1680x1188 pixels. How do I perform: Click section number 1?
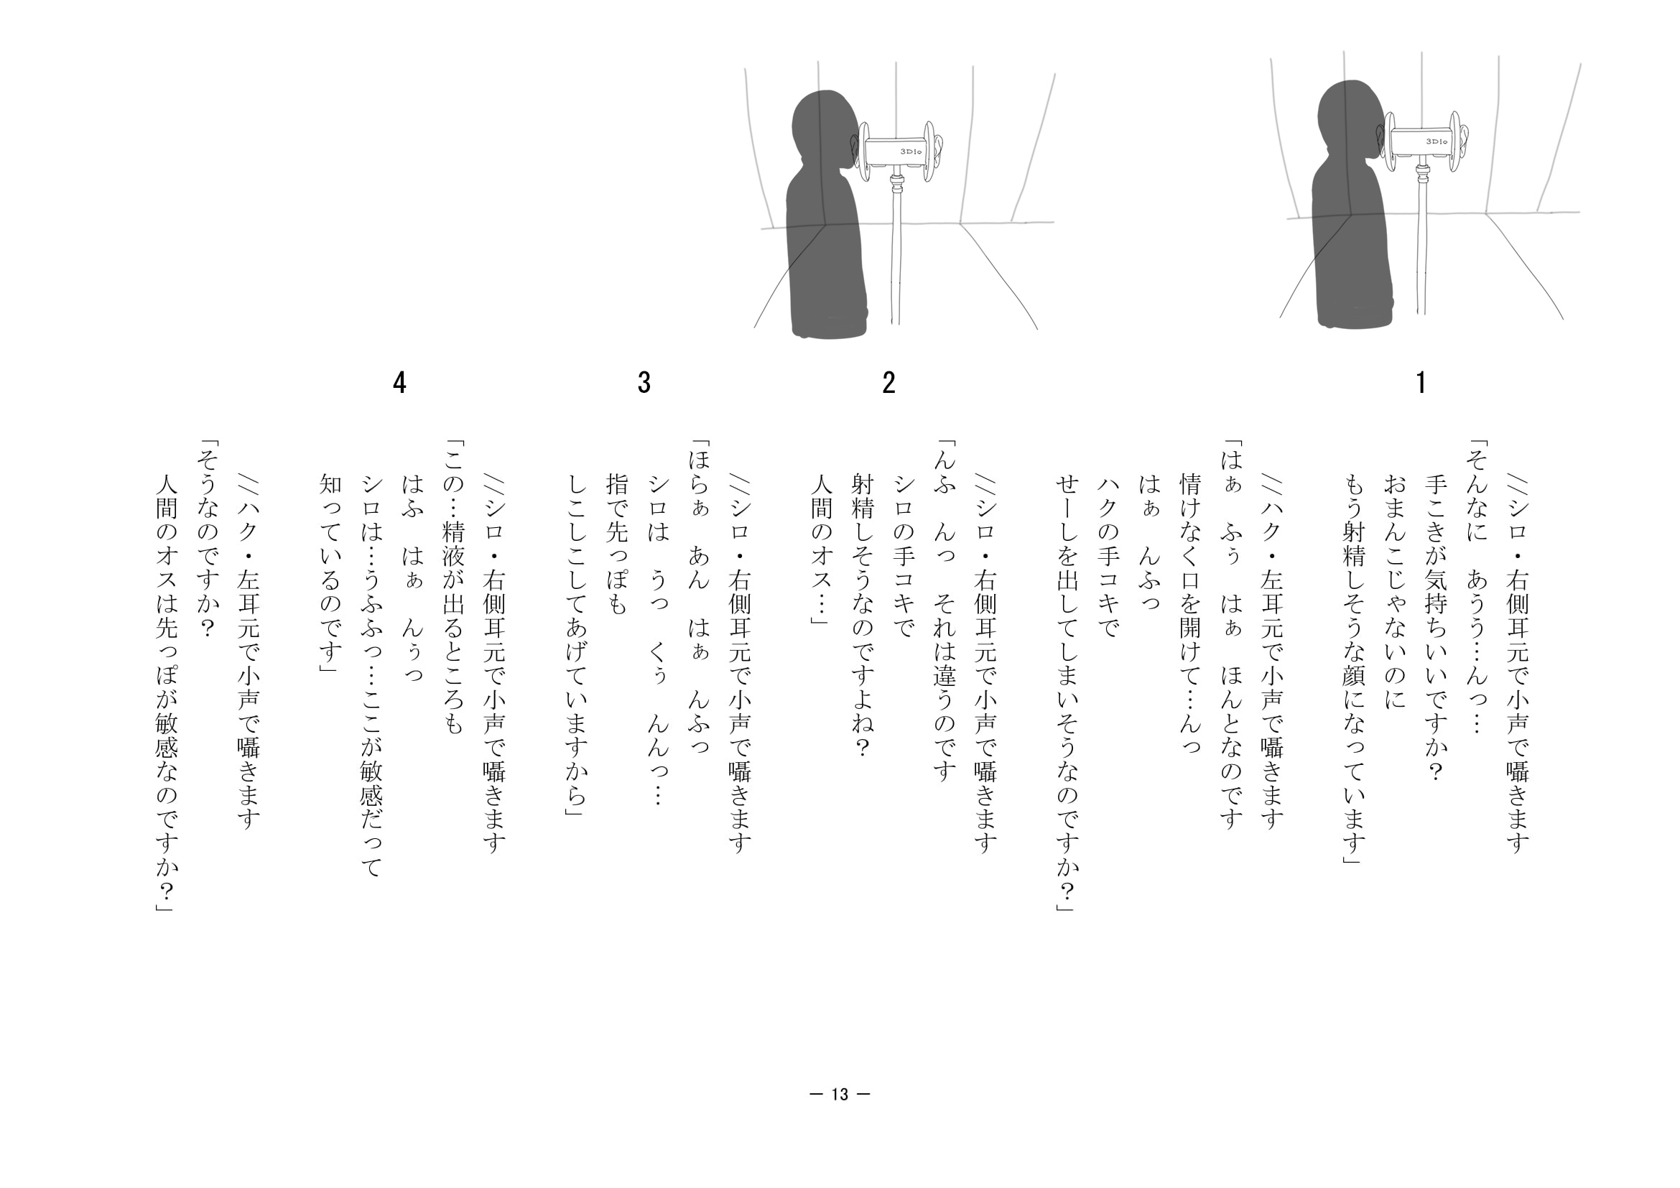pos(1420,382)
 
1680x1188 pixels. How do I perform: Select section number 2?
pos(888,382)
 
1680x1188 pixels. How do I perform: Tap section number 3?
pos(644,382)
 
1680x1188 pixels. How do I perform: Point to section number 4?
pos(399,382)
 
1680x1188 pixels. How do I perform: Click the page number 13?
pos(840,1095)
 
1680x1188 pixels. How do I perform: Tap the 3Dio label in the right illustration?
pos(1437,141)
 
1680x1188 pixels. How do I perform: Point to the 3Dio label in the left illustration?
pos(911,152)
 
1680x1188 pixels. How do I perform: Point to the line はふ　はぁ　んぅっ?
pos(412,578)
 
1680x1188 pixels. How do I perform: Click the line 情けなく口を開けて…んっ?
pos(1190,613)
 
